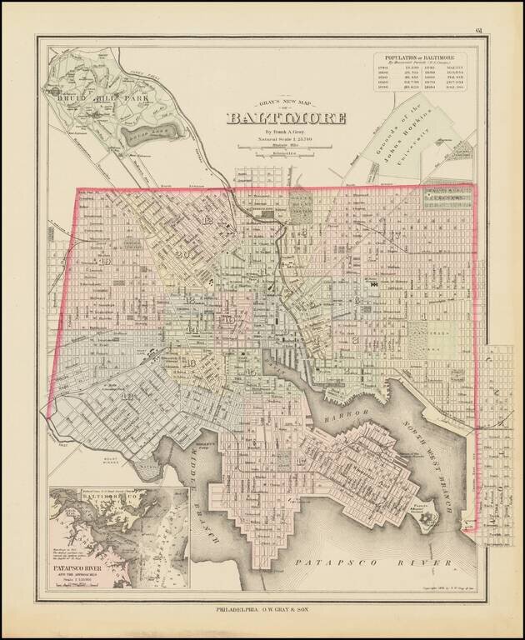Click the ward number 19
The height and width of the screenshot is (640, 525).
coord(105,261)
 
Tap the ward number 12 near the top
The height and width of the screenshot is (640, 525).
coord(207,219)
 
